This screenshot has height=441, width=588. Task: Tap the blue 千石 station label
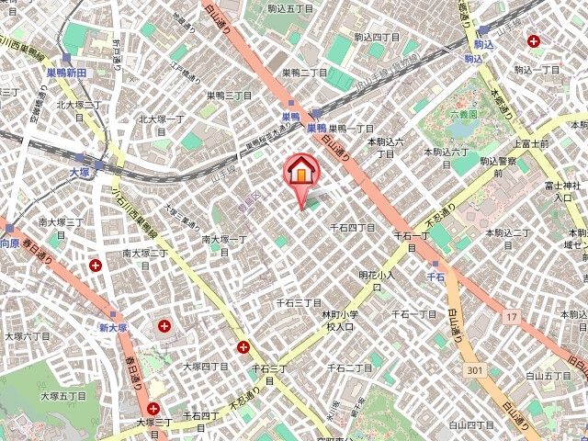coord(435,276)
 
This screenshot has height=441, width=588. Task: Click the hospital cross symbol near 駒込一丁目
coord(534,40)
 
